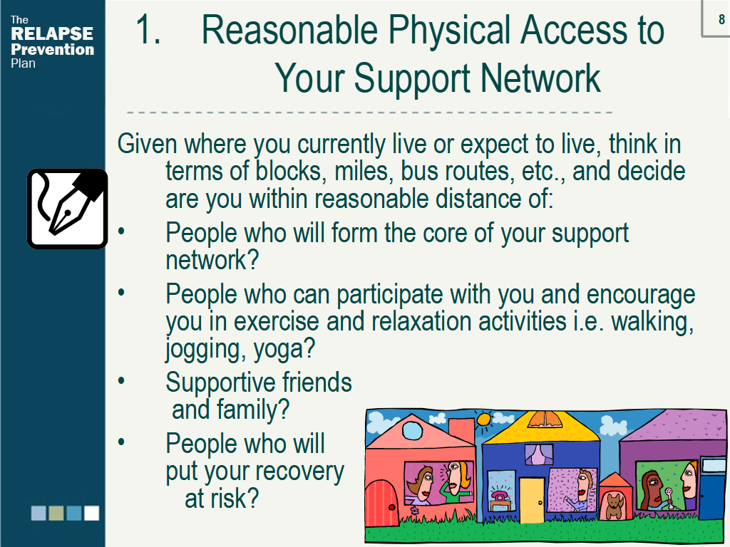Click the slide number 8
click(x=721, y=19)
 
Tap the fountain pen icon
click(x=68, y=209)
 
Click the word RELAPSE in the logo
click(x=52, y=33)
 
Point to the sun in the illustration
click(x=484, y=420)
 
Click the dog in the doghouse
click(x=614, y=506)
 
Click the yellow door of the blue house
click(x=531, y=501)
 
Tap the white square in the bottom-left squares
click(x=92, y=513)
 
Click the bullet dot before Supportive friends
click(x=121, y=380)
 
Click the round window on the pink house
click(x=411, y=430)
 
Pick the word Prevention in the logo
click(x=52, y=49)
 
